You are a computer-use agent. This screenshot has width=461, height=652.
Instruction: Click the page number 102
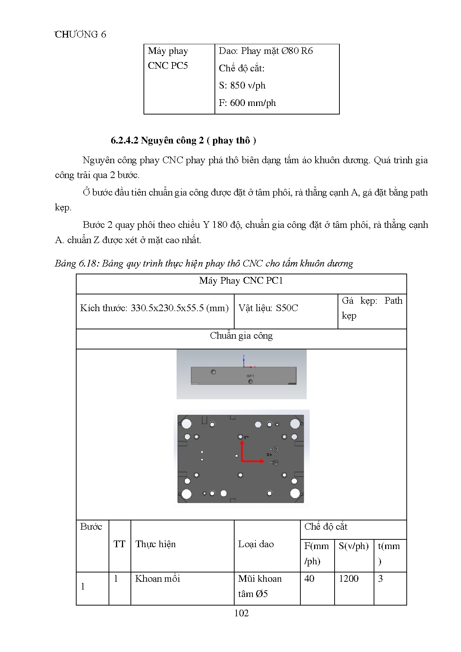tap(241, 613)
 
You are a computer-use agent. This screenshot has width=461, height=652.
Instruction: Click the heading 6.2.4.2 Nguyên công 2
tap(183, 140)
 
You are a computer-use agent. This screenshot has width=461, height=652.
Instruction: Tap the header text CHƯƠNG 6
tap(80, 34)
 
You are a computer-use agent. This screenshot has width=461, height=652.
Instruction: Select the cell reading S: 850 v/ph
tap(242, 85)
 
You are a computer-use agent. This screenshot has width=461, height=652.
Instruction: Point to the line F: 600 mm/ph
tap(247, 103)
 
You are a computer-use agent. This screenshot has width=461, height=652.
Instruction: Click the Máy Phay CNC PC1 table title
tap(241, 281)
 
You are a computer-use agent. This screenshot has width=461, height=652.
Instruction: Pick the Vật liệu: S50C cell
tap(268, 308)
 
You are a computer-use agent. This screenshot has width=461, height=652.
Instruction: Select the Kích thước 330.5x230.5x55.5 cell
tap(154, 308)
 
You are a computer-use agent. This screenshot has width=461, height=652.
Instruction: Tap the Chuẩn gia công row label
tap(241, 336)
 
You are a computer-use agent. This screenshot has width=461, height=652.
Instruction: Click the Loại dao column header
tap(256, 544)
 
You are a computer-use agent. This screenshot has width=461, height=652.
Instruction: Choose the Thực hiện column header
tap(155, 544)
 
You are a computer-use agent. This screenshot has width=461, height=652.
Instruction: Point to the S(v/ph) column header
tap(354, 546)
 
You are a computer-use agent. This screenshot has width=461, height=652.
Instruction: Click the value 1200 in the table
tap(349, 579)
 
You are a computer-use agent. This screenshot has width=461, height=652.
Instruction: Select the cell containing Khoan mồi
tap(158, 579)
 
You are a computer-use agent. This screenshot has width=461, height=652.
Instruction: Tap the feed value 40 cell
tap(309, 579)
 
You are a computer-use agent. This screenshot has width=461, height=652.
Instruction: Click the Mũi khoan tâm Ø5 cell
tap(259, 586)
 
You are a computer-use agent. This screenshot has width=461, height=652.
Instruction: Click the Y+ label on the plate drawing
tap(246, 437)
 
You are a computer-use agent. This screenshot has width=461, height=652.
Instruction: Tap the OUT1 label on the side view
tap(250, 376)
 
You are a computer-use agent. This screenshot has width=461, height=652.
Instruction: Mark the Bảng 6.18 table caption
tap(204, 264)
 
